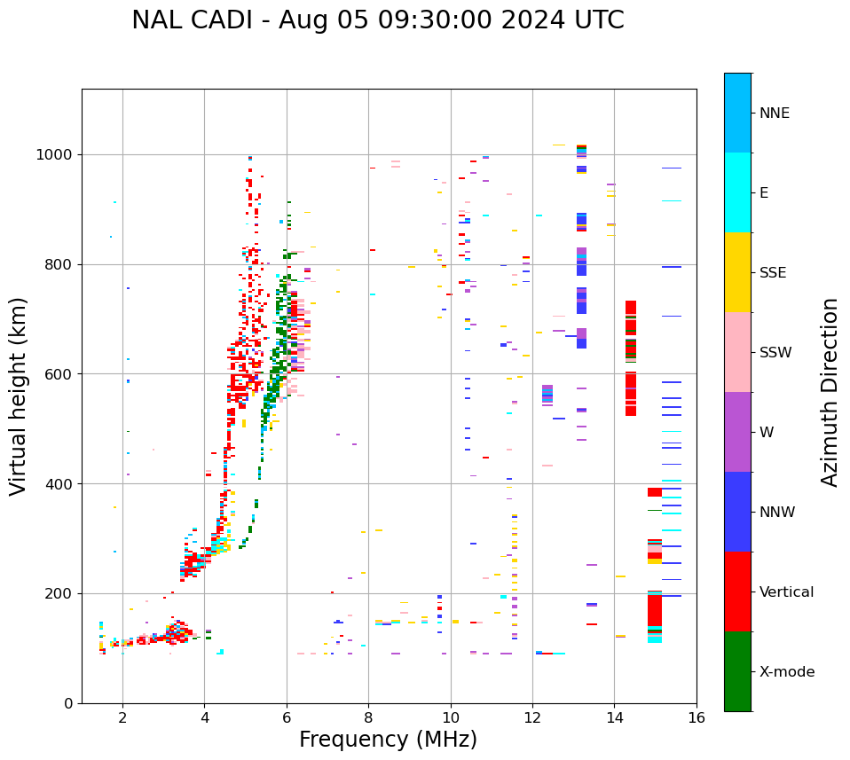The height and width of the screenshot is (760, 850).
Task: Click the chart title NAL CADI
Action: (377, 20)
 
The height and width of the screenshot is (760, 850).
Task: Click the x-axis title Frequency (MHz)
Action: (388, 740)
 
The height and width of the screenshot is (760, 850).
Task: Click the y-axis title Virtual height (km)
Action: (19, 396)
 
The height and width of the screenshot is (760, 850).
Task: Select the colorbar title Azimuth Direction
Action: (830, 392)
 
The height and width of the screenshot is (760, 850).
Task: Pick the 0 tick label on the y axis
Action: (67, 703)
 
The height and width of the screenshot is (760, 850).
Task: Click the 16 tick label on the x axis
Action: (697, 717)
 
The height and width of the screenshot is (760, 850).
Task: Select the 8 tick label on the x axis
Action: (368, 717)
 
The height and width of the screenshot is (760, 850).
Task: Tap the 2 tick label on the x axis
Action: (122, 717)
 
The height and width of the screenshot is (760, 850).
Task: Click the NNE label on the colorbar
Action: (774, 114)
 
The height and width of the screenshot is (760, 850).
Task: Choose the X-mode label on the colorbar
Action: (786, 672)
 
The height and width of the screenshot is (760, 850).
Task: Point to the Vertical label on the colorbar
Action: (786, 592)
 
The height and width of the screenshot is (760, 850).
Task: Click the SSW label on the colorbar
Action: (775, 353)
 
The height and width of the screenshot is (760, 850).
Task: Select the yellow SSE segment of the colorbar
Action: (737, 272)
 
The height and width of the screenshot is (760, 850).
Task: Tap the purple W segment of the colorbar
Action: (737, 432)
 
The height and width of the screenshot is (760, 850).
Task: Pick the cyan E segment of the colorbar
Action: (737, 192)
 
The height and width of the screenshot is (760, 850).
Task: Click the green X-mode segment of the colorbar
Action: (737, 671)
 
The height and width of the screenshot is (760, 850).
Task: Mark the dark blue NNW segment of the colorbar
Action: (737, 512)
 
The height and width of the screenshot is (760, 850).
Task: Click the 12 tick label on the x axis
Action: (532, 717)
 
